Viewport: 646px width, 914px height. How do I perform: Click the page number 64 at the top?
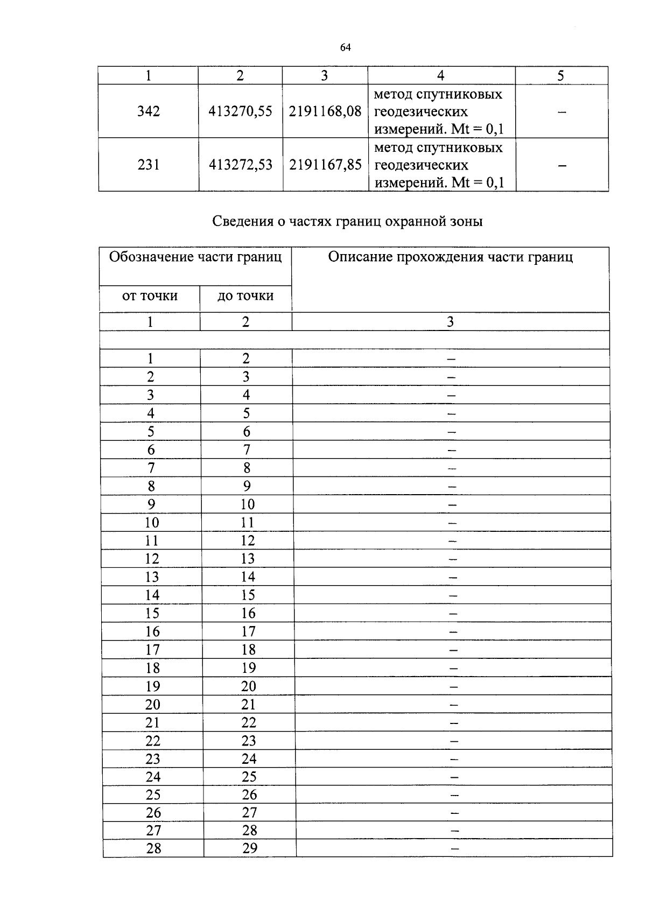(x=346, y=48)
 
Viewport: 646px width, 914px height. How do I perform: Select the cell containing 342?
(x=149, y=111)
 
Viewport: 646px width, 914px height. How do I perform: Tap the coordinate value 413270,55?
(x=240, y=111)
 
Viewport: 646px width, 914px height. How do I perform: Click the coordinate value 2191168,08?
(x=325, y=111)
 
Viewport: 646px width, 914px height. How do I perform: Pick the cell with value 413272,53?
(x=240, y=165)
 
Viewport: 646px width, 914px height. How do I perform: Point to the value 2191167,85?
(x=325, y=165)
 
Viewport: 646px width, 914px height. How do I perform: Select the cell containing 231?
(x=149, y=165)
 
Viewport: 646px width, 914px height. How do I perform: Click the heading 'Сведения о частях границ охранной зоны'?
(x=347, y=221)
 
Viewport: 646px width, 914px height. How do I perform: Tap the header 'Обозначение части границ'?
(x=195, y=257)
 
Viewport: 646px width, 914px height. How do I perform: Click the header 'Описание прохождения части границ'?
(x=451, y=257)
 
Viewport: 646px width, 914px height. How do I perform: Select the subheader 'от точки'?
(x=150, y=296)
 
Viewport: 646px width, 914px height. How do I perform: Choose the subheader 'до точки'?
(x=245, y=296)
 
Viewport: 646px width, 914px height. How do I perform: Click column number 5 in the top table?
(x=560, y=76)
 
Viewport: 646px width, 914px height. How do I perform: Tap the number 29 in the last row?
(x=250, y=848)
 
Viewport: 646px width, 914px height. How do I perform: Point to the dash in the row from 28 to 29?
(x=455, y=849)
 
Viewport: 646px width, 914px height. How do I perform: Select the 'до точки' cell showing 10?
(x=247, y=504)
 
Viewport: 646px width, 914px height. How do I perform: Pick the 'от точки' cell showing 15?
(x=152, y=613)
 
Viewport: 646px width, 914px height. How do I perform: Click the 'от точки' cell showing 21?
(x=153, y=722)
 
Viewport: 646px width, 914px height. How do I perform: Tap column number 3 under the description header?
(x=451, y=322)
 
